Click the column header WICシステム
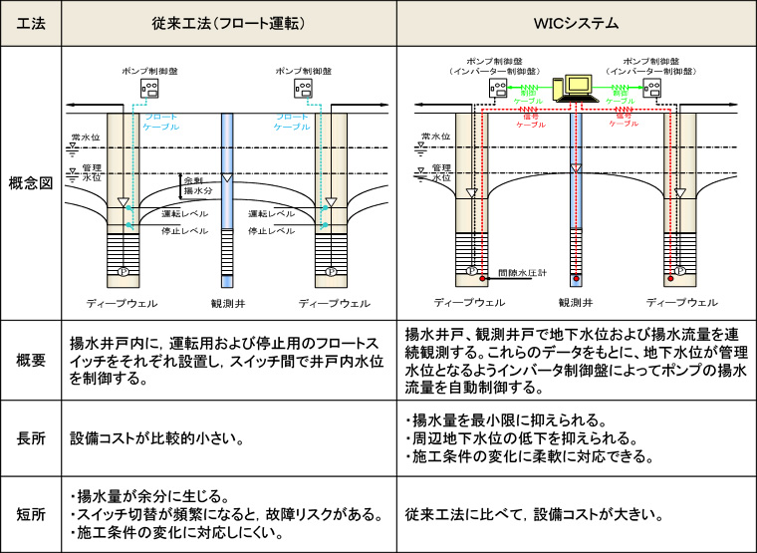576,22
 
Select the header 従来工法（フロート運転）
228,22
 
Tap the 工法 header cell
31,22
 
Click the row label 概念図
31,183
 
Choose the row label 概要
31,360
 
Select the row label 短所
31,514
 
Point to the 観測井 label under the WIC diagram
577,302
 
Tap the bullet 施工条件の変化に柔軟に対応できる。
533,457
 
